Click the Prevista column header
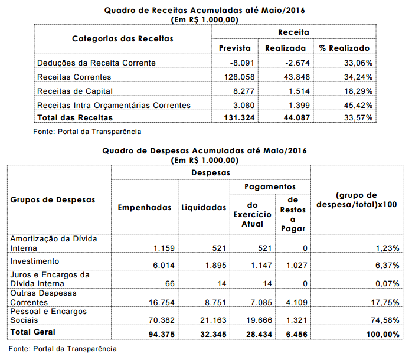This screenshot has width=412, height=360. click(x=234, y=48)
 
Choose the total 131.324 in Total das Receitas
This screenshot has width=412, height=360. click(x=235, y=118)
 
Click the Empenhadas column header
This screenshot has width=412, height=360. click(x=145, y=207)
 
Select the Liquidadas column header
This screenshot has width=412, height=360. click(x=203, y=207)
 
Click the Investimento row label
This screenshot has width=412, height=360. click(x=34, y=260)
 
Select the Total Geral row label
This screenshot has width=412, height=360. click(x=33, y=332)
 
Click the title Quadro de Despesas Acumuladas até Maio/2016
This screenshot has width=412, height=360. click(x=205, y=151)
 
